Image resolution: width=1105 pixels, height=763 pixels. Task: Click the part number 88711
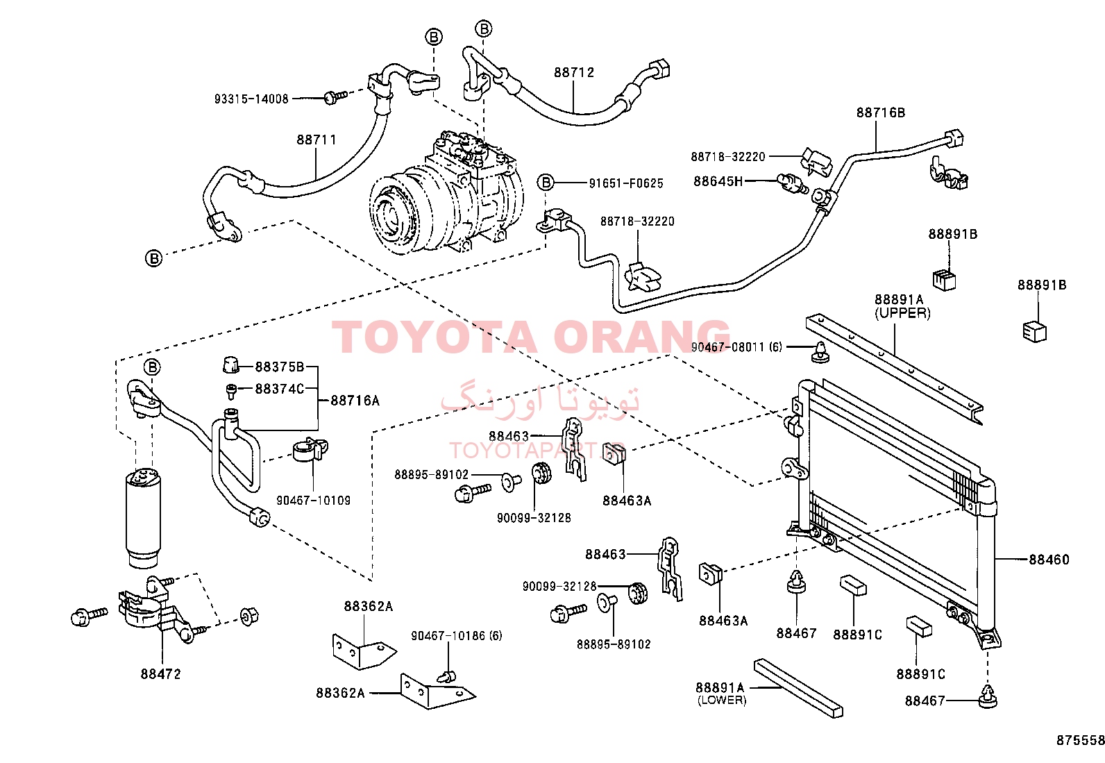317,140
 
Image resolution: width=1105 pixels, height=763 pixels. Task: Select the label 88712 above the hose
574,72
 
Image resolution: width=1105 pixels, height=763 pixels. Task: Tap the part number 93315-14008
251,99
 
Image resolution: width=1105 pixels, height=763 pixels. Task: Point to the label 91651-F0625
626,183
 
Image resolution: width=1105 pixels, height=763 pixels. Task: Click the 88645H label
718,181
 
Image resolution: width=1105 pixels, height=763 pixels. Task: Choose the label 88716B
881,112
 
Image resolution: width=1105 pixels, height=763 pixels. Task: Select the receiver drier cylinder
143,517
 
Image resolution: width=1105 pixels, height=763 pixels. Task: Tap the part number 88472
161,673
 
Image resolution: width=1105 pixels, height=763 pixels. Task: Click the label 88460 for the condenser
1049,559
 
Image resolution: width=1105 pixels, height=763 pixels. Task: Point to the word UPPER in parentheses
903,313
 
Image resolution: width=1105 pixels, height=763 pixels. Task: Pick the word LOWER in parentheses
722,700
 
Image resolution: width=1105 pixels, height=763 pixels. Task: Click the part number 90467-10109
313,501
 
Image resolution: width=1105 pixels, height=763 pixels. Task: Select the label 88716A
355,401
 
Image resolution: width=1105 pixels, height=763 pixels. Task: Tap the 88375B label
279,367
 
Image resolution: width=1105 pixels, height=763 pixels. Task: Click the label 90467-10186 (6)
456,636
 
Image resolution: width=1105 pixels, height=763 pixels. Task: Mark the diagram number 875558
1080,740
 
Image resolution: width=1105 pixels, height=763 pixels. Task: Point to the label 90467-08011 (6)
736,347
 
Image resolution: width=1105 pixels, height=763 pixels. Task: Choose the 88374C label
279,389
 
